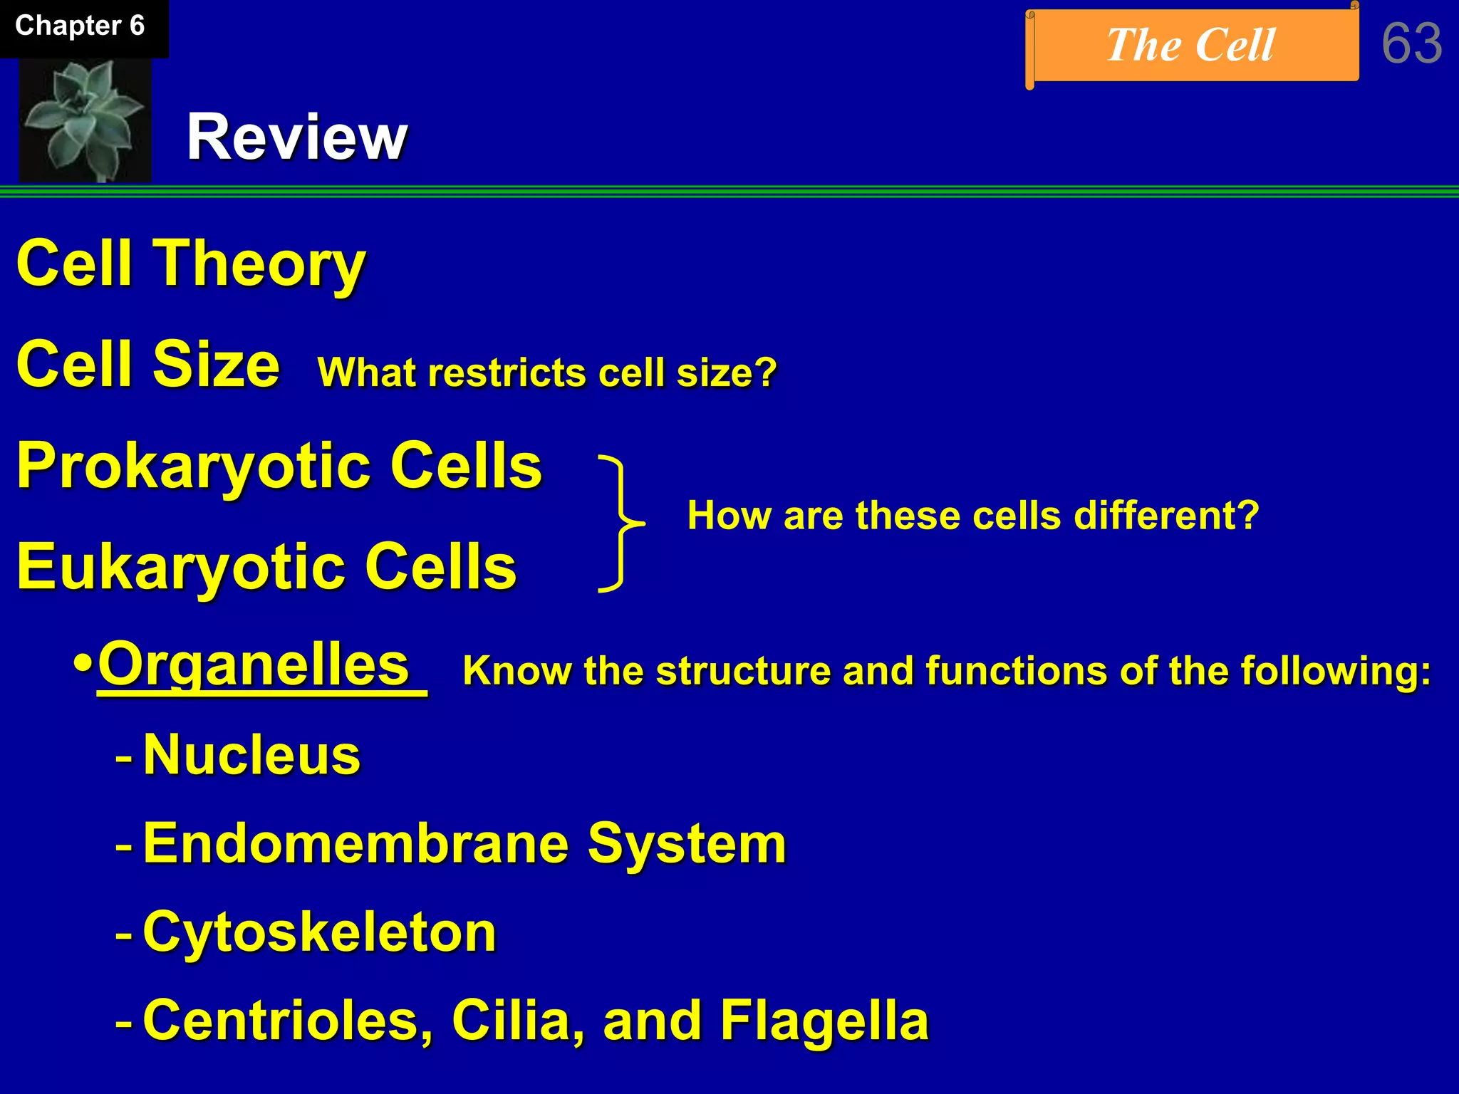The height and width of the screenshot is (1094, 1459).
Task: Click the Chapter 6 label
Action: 80,26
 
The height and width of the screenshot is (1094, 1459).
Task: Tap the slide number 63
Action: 1411,44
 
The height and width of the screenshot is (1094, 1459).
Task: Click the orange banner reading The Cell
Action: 1191,46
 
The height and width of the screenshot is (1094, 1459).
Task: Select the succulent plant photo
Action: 85,120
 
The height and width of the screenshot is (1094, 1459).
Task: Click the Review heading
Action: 296,137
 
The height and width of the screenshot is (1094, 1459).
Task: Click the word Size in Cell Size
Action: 217,365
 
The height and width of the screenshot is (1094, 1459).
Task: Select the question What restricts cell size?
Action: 547,373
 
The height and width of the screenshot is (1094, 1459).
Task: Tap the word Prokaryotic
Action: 192,467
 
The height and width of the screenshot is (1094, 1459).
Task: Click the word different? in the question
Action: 1166,516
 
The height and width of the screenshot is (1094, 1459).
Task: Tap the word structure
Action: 742,672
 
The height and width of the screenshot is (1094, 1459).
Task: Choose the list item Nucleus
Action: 251,755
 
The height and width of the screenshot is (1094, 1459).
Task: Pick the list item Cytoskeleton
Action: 319,932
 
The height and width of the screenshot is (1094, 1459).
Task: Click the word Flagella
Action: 824,1021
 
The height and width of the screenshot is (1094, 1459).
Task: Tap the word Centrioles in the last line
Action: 288,1021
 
